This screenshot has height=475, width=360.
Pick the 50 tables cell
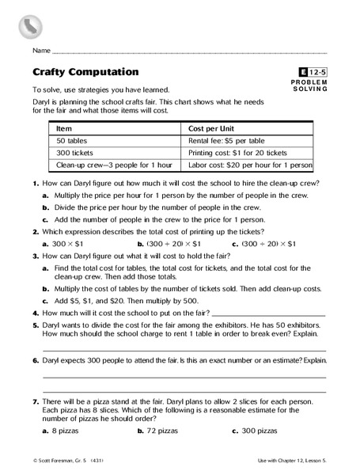click(x=71, y=140)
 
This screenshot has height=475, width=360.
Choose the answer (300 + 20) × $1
click(x=172, y=244)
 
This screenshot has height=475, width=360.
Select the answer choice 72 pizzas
click(x=169, y=431)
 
